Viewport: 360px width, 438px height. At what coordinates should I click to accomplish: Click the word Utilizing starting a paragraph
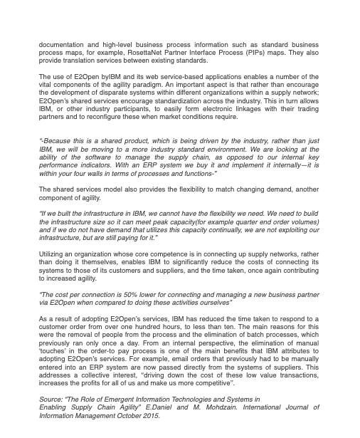(53, 254)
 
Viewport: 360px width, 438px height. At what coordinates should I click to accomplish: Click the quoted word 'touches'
(55, 351)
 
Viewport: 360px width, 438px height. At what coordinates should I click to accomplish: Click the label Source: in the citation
(51, 400)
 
